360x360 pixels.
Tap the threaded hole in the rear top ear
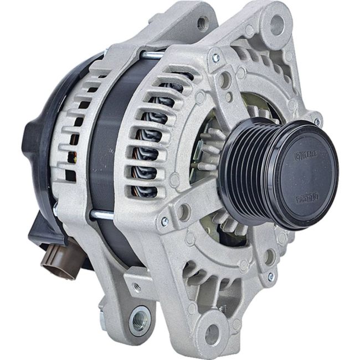[x=202, y=23]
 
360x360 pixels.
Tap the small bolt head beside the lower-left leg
[x=164, y=222]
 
